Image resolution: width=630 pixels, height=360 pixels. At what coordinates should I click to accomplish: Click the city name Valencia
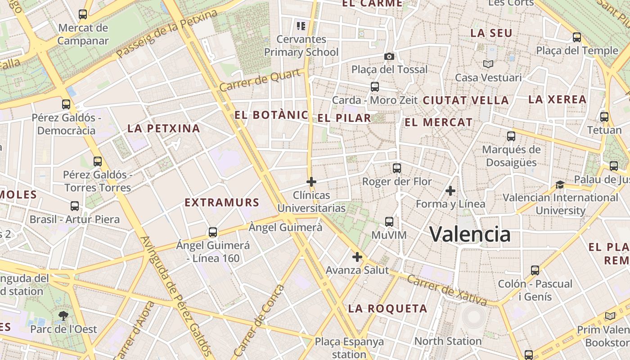(x=470, y=234)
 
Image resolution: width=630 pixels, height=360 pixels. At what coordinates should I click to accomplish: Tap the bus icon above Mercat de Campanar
(x=83, y=14)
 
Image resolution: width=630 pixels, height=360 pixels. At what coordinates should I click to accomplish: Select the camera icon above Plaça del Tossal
(x=389, y=56)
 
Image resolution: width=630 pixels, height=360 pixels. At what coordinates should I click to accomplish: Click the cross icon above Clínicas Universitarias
(x=311, y=182)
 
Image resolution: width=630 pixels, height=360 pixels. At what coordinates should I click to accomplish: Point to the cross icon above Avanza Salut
(x=357, y=257)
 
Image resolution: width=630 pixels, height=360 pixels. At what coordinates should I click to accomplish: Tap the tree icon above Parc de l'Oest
(x=63, y=316)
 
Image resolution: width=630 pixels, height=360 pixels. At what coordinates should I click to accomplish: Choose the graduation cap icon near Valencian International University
(x=560, y=184)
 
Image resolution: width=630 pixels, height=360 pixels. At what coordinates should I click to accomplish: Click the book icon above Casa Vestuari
(x=488, y=64)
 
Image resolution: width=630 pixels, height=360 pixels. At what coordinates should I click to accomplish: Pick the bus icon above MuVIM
(x=389, y=222)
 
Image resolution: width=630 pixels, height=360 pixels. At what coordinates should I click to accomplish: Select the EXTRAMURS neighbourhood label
(x=222, y=202)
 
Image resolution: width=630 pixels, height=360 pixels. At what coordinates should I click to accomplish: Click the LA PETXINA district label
(x=163, y=129)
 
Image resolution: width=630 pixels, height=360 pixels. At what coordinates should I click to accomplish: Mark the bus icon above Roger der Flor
(x=396, y=168)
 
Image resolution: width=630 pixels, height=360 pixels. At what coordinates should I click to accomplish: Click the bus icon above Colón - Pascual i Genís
(x=535, y=270)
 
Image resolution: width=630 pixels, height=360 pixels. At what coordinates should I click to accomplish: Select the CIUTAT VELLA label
(x=466, y=100)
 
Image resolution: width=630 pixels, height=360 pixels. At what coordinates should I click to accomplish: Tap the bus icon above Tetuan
(x=604, y=117)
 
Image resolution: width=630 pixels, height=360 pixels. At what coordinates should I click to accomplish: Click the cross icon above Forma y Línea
(x=450, y=191)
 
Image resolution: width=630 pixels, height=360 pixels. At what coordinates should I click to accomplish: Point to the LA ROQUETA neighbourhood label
(x=387, y=309)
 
